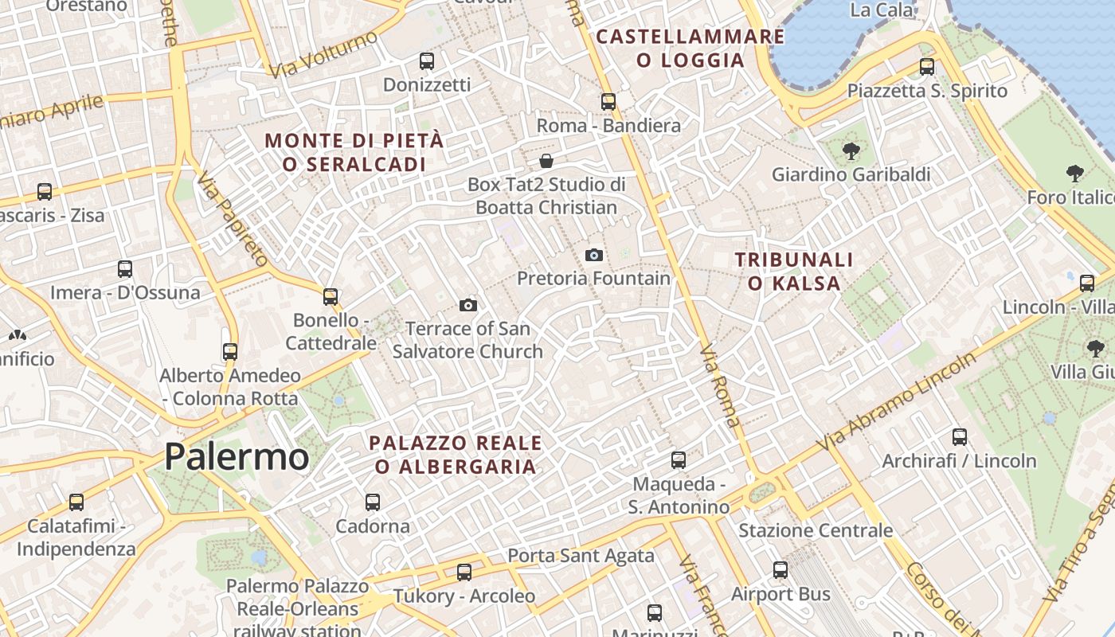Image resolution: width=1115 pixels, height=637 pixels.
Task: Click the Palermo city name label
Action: pyautogui.click(x=237, y=457)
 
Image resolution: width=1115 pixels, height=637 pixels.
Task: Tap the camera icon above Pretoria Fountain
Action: pyautogui.click(x=593, y=255)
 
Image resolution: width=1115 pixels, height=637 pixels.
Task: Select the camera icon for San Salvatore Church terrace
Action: pyautogui.click(x=468, y=305)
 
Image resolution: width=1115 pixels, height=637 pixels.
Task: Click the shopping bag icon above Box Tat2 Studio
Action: pyautogui.click(x=546, y=161)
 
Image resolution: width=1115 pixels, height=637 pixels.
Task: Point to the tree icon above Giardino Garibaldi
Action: pyautogui.click(x=851, y=150)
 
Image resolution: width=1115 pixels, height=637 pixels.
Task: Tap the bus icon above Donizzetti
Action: pyautogui.click(x=427, y=61)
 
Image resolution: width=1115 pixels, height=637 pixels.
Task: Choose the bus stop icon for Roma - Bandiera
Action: pyautogui.click(x=608, y=102)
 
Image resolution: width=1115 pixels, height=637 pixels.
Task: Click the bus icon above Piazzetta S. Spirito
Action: pyautogui.click(x=926, y=67)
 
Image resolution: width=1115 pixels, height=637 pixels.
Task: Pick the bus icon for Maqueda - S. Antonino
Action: pyautogui.click(x=679, y=460)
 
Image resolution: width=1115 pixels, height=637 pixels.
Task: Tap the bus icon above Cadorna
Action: pyautogui.click(x=373, y=502)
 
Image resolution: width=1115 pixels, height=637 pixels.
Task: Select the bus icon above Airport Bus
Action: pyautogui.click(x=780, y=570)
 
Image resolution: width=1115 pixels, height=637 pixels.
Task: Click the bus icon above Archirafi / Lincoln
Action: pyautogui.click(x=960, y=437)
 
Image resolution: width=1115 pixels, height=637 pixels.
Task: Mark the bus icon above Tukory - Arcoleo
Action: pyautogui.click(x=464, y=572)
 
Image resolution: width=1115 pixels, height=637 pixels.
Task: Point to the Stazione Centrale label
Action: pyautogui.click(x=816, y=530)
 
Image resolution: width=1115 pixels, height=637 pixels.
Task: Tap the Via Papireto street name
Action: pyautogui.click(x=232, y=219)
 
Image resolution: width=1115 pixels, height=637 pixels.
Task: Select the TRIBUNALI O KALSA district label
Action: pyautogui.click(x=794, y=271)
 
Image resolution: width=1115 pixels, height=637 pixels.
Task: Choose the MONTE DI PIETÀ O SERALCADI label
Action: pyautogui.click(x=354, y=152)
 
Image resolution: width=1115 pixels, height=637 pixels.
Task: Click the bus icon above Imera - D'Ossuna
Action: pyautogui.click(x=125, y=269)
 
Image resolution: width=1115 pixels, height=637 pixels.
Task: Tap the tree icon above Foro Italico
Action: pyautogui.click(x=1074, y=174)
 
